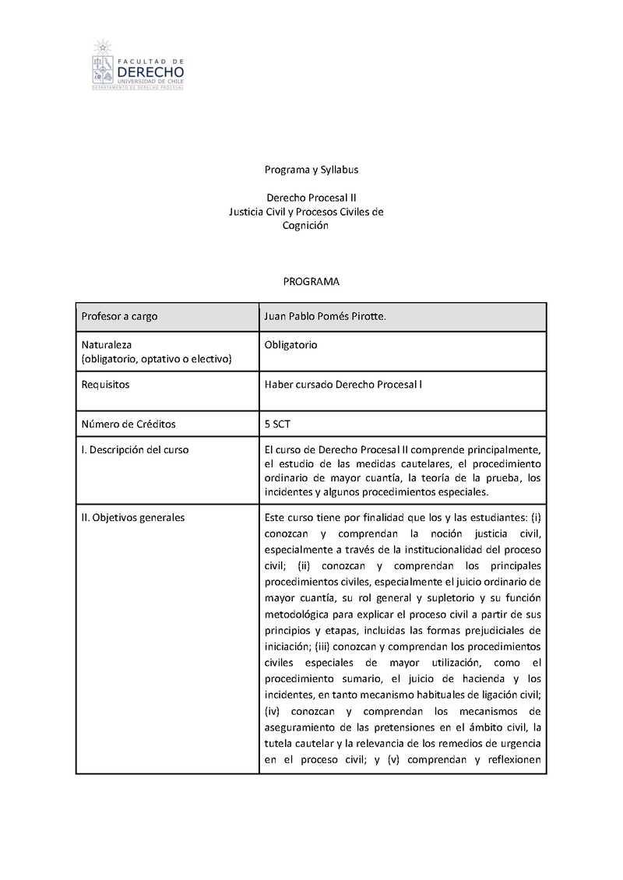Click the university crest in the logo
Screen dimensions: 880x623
(100, 64)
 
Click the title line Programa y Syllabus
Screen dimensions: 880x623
(311, 169)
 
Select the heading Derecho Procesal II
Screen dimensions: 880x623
(311, 198)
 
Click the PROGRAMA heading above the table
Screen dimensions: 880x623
(311, 281)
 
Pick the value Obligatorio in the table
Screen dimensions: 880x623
(291, 343)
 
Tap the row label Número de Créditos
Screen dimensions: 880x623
(128, 424)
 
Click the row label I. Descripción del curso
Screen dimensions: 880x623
(135, 450)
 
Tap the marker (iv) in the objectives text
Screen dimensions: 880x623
(273, 712)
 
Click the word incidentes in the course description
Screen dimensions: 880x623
(290, 492)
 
